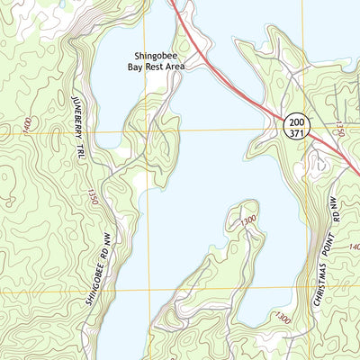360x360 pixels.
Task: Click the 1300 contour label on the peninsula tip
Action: pyautogui.click(x=249, y=220)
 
